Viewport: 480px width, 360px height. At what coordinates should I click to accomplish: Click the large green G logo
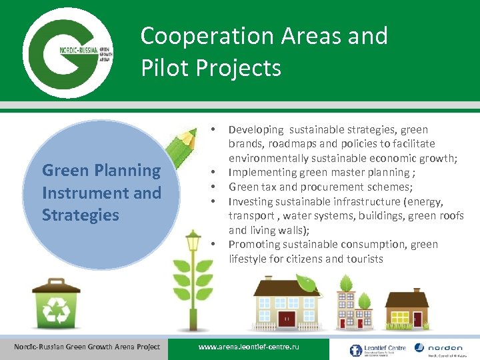pyautogui.click(x=67, y=51)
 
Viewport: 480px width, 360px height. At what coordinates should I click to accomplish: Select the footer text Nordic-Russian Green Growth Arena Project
pyautogui.click(x=87, y=346)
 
